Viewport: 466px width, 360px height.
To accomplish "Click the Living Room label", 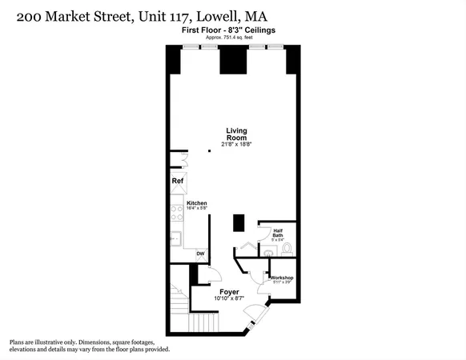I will tap(235, 134).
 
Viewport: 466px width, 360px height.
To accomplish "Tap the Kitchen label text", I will tap(197, 203).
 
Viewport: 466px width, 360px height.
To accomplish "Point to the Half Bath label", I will tap(277, 231).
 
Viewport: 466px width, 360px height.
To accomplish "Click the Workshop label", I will tap(283, 277).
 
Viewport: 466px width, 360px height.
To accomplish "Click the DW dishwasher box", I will tap(200, 254).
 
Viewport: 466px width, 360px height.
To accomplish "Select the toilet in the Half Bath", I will tap(287, 249).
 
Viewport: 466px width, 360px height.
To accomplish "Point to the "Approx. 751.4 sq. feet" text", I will tap(235, 36).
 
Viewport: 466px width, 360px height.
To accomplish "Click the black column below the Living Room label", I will tap(239, 222).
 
